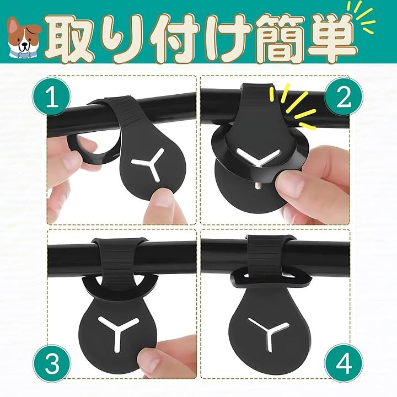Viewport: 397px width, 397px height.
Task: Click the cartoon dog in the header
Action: tap(24, 38)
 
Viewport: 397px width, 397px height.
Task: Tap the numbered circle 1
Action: tap(52, 97)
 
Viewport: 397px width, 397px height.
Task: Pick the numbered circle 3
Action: tap(52, 364)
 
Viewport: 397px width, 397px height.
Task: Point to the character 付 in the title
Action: tap(175, 39)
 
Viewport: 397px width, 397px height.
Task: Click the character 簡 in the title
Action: tap(278, 39)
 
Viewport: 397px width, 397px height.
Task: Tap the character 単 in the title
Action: tap(330, 39)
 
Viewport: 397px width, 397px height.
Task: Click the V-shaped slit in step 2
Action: tap(258, 157)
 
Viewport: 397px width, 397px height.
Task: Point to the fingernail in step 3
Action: tap(149, 361)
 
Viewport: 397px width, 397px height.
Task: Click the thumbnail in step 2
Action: tap(288, 183)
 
